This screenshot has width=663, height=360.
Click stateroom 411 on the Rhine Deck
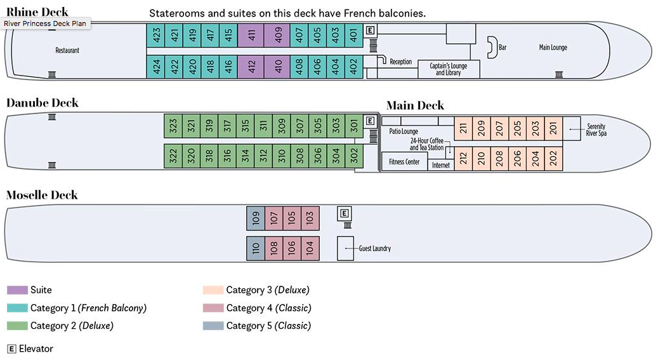pos(251,36)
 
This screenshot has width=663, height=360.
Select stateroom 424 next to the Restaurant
pos(155,66)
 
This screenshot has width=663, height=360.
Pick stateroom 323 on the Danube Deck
pos(173,126)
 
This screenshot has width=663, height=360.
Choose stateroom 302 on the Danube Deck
pos(354,156)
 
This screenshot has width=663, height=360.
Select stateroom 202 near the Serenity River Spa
pos(554,157)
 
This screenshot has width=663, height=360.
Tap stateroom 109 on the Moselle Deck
pos(256,218)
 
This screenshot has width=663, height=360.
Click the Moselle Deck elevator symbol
pos(345,214)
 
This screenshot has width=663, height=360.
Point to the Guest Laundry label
pos(374,249)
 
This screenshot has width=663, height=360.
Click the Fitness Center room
pos(404,162)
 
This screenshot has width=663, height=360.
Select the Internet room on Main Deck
pos(440,165)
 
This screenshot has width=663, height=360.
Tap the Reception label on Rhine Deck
pos(400,62)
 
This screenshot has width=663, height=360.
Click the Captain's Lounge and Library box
pos(449,69)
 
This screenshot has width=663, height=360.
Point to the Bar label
pos(502,47)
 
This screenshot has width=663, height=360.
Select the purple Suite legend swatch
pos(17,290)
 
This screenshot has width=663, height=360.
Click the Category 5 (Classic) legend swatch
pos(213,326)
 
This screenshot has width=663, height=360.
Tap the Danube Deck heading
pos(43,103)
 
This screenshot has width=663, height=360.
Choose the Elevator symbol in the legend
pos(11,349)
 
